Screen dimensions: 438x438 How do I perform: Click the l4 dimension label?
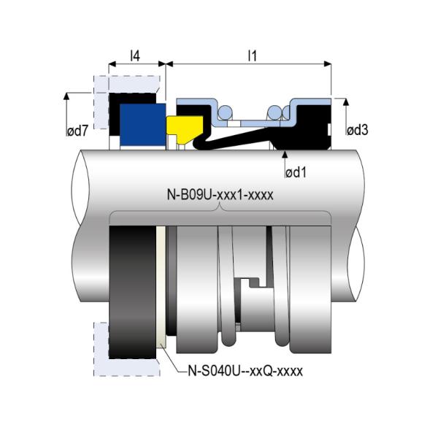(135, 56)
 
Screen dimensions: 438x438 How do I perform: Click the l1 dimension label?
(253, 56)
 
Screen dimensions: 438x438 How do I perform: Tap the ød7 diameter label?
(77, 131)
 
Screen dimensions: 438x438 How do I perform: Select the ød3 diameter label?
(358, 130)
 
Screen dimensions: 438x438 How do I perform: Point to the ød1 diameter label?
(296, 172)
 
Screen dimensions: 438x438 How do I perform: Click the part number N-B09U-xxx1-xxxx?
(220, 195)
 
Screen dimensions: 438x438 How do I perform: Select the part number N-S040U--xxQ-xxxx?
(245, 372)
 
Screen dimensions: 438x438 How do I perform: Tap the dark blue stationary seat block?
(143, 125)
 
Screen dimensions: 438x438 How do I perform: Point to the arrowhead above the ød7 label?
(66, 96)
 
